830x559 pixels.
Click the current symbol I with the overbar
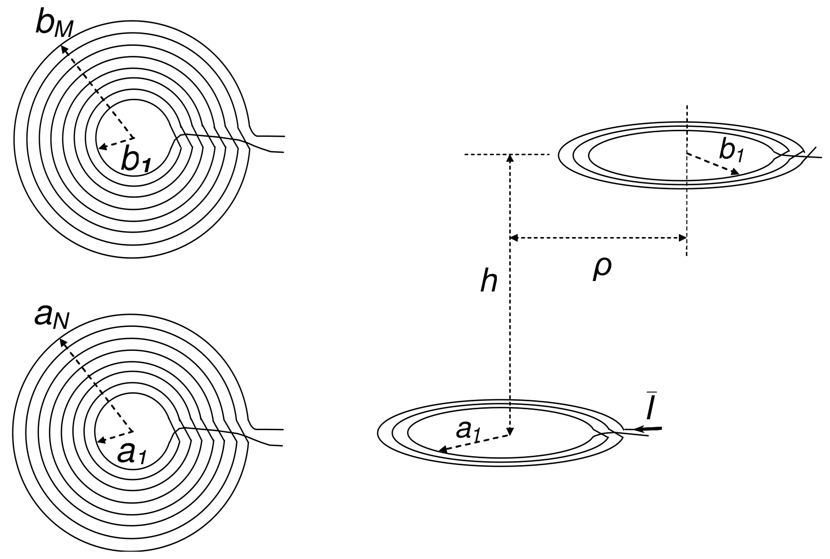[650, 408]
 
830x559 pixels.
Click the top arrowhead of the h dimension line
[510, 158]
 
